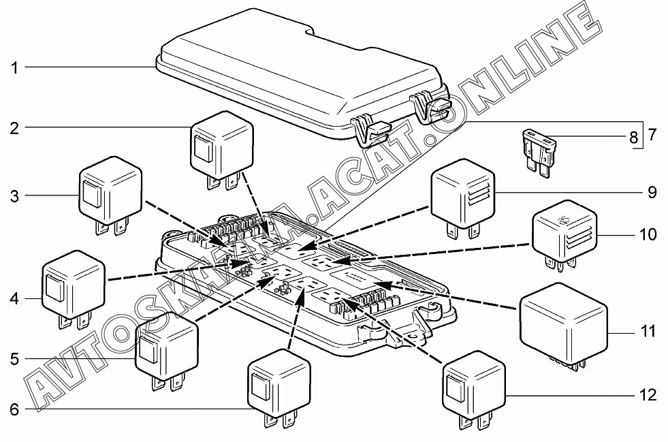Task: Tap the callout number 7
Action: [652, 134]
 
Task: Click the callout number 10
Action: [649, 235]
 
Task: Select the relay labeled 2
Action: [221, 146]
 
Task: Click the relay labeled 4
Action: [74, 286]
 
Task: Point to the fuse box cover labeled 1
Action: [300, 75]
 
